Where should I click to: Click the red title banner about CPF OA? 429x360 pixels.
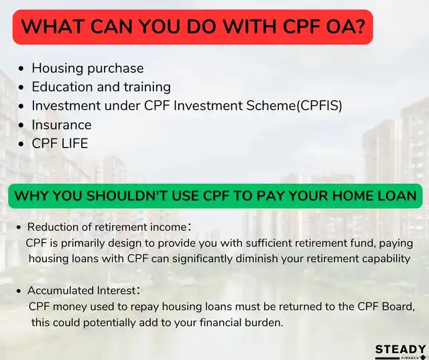pyautogui.click(x=192, y=27)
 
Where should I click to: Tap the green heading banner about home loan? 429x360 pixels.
pyautogui.click(x=215, y=196)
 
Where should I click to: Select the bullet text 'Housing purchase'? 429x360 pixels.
pyautogui.click(x=88, y=68)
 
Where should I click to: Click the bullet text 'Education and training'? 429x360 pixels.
pyautogui.click(x=101, y=87)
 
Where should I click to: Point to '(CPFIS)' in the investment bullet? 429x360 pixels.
pyautogui.click(x=319, y=106)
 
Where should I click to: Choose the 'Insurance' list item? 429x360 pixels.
pyautogui.click(x=62, y=125)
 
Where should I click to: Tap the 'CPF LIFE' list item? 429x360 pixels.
pyautogui.click(x=60, y=143)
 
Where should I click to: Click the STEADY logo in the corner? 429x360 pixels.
pyautogui.click(x=400, y=352)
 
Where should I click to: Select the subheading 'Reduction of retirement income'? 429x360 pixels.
pyautogui.click(x=107, y=227)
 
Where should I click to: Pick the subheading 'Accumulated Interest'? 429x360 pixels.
pyautogui.click(x=82, y=290)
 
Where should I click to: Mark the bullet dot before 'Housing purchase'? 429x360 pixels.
pyautogui.click(x=21, y=68)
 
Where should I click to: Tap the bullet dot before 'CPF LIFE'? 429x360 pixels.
pyautogui.click(x=21, y=144)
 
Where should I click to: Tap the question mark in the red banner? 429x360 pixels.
pyautogui.click(x=359, y=27)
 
